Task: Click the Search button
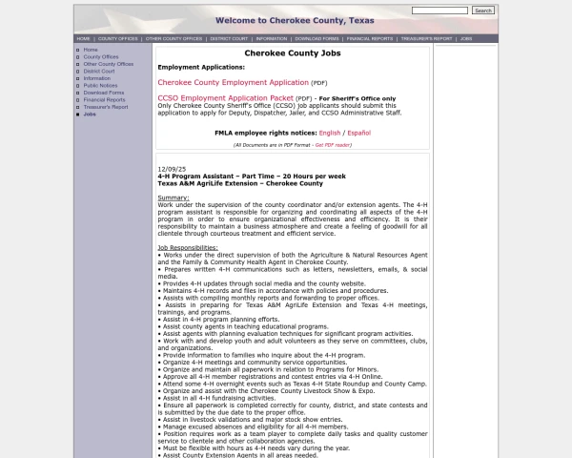tap(483, 10)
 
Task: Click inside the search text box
tap(439, 10)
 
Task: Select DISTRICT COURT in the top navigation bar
tap(230, 39)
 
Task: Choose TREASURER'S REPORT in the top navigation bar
tap(425, 39)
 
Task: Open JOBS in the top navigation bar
tap(466, 39)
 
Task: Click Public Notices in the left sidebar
tap(100, 85)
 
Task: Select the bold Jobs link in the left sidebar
tap(90, 114)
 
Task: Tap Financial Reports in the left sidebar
tap(104, 99)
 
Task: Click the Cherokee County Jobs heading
tap(291, 54)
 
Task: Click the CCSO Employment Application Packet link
tap(225, 97)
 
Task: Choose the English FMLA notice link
tap(330, 133)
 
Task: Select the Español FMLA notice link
tap(358, 133)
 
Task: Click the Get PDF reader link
tap(333, 145)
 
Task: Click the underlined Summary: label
tap(174, 198)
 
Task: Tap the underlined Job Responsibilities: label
tap(188, 248)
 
